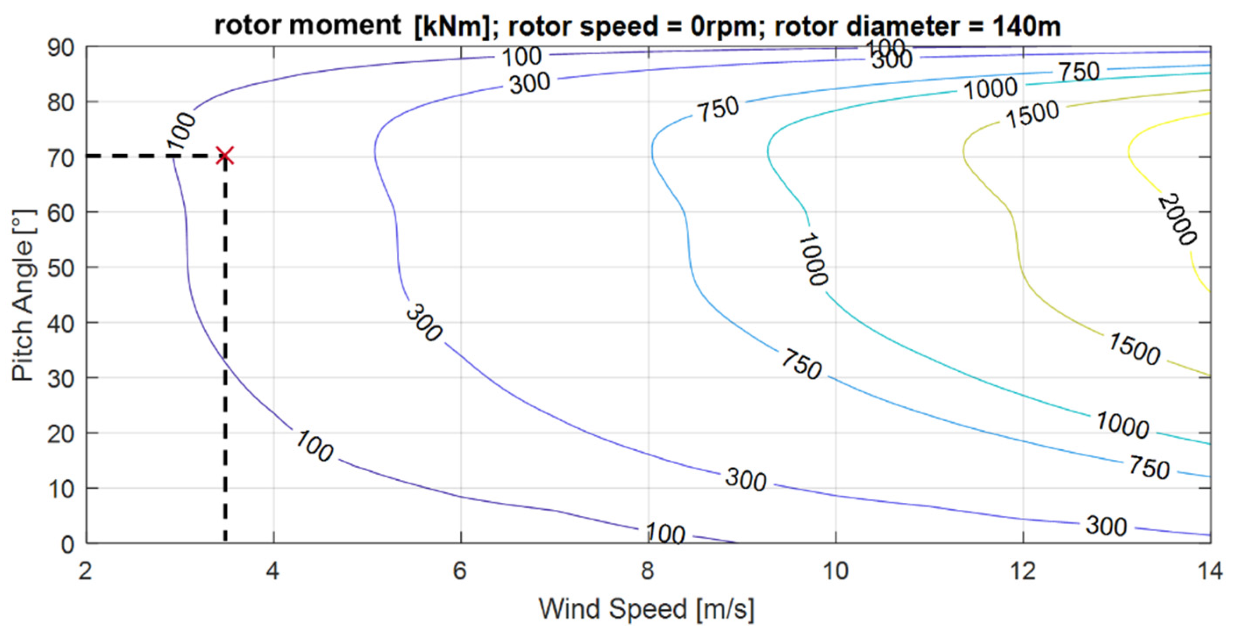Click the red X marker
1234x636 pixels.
[225, 155]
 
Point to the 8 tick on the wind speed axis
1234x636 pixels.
[647, 571]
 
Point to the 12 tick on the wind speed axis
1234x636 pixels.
[1023, 571]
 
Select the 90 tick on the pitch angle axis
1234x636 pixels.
[61, 48]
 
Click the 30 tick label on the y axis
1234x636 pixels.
[61, 379]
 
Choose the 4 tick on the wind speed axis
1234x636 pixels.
[273, 571]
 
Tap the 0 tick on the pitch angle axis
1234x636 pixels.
[68, 545]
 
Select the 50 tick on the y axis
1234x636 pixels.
[61, 269]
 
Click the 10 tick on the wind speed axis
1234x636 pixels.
[836, 571]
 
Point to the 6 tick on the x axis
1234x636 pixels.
[460, 571]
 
